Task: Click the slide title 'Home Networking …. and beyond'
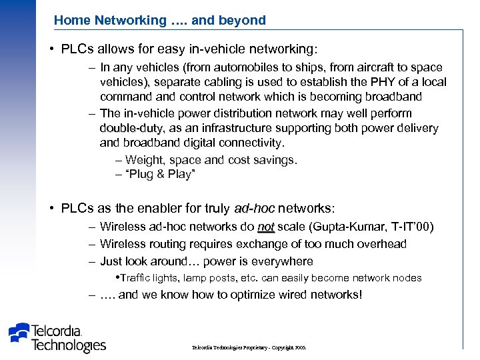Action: pyautogui.click(x=159, y=20)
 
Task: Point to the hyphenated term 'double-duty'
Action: pyautogui.click(x=128, y=128)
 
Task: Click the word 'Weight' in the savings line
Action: pyautogui.click(x=143, y=160)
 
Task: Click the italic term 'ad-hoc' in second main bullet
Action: pyautogui.click(x=254, y=209)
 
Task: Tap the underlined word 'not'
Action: pyautogui.click(x=266, y=227)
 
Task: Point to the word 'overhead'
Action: pyautogui.click(x=383, y=244)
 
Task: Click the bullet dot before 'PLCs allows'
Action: pyautogui.click(x=51, y=50)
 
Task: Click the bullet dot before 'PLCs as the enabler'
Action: pyautogui.click(x=51, y=209)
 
